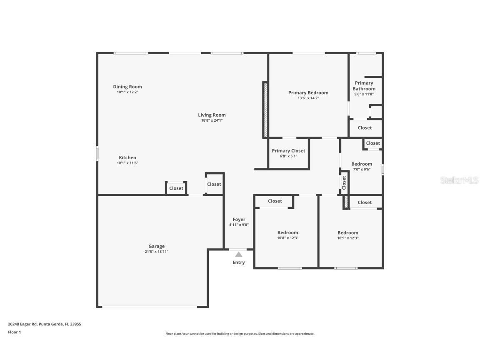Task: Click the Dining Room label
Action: point(127,87)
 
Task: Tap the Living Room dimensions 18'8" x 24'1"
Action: point(212,120)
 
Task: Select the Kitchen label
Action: point(127,157)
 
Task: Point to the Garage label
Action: point(157,246)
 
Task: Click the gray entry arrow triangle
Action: point(238,254)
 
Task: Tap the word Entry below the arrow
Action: point(239,262)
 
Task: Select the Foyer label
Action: point(239,219)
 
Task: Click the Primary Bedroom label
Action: point(308,92)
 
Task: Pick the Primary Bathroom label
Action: point(364,86)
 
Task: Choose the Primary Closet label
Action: point(288,151)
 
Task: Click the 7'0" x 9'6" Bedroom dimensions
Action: point(362,169)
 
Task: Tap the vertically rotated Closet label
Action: point(344,182)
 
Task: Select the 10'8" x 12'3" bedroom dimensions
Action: point(288,238)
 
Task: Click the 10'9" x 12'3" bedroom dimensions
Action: point(348,238)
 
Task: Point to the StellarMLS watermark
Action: point(459,180)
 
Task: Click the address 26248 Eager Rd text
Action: point(45,324)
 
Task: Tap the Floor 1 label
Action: point(14,332)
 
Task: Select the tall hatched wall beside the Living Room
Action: point(265,110)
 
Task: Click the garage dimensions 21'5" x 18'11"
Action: point(157,252)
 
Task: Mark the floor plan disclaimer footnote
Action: point(240,334)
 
